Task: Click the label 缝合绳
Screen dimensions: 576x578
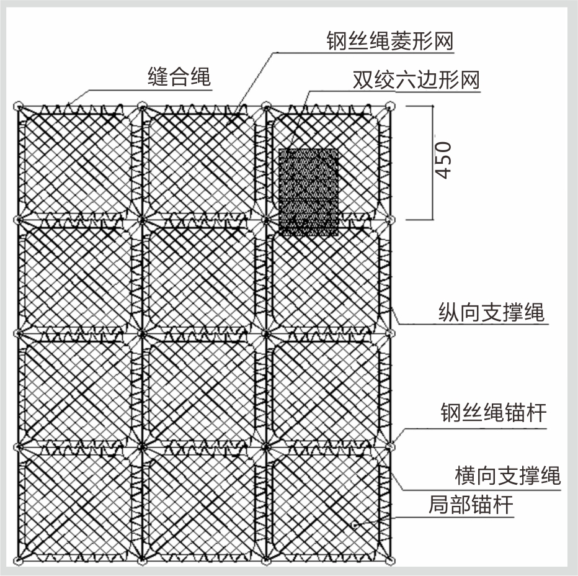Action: point(179,77)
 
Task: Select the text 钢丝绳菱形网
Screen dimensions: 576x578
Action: point(390,42)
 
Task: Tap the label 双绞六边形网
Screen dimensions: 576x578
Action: point(416,80)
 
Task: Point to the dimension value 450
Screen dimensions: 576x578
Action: point(443,161)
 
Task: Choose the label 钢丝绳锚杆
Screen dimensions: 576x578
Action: point(494,412)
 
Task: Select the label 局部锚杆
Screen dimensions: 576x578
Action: point(471,505)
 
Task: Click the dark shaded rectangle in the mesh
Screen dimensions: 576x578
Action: point(308,192)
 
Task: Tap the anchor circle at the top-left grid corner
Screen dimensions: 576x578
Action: point(19,106)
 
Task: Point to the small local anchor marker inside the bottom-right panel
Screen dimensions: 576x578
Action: point(354,524)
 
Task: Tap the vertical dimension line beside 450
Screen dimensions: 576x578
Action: point(430,163)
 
